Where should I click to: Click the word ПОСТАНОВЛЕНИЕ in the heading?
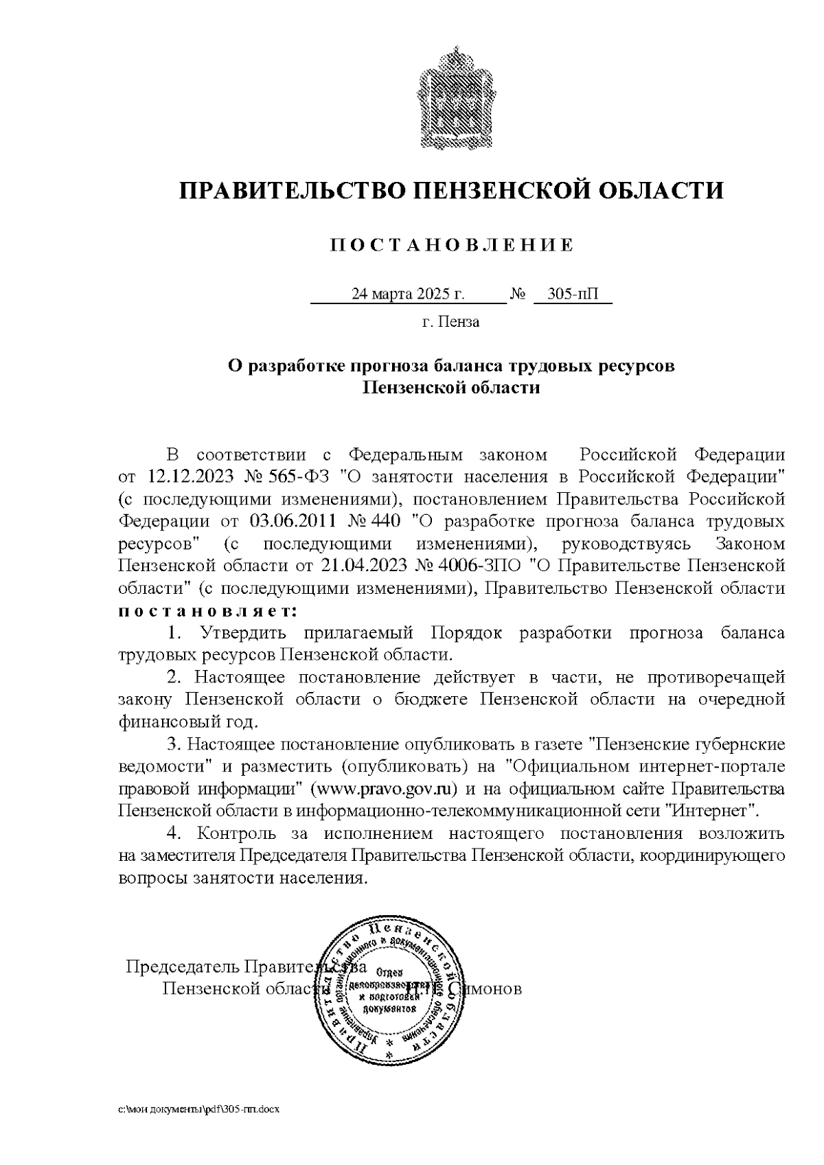[451, 245]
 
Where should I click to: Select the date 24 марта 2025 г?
[408, 295]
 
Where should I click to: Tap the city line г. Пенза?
[451, 322]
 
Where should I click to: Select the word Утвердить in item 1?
[238, 632]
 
